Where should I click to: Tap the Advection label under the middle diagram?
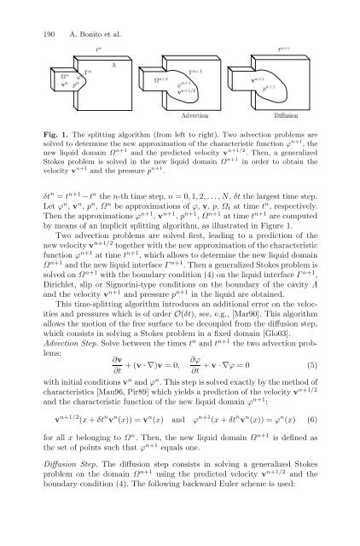194,113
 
